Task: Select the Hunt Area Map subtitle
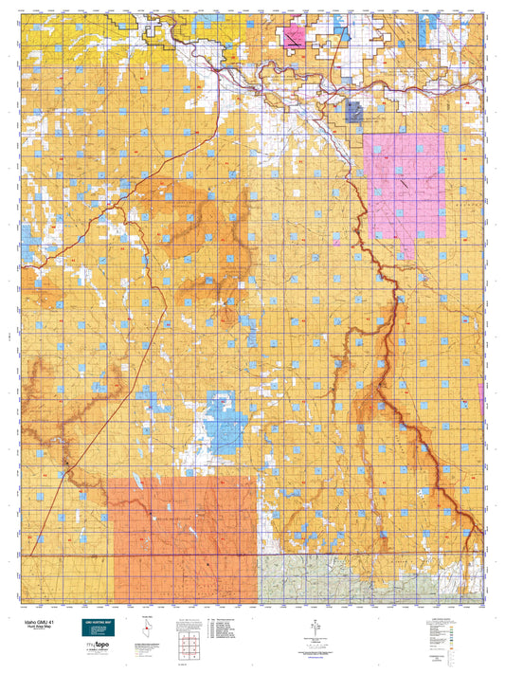[34, 627]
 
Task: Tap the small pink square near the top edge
[292, 37]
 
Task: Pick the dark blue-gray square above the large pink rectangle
[355, 113]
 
